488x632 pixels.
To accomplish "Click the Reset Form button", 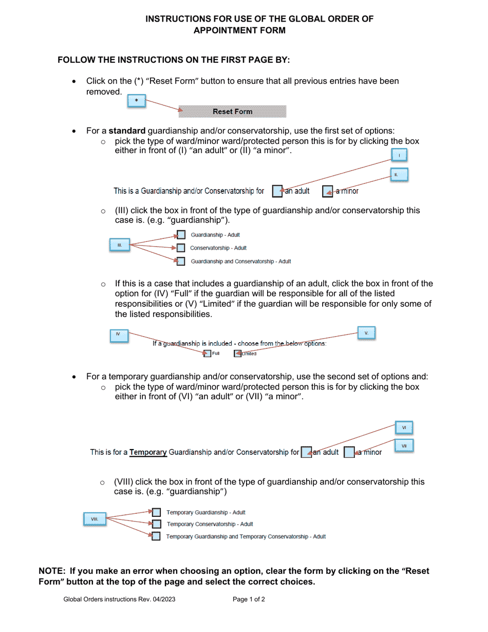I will (x=232, y=111).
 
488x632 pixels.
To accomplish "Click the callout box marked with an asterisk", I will (x=136, y=101).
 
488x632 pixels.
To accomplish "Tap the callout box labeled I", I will (x=399, y=155).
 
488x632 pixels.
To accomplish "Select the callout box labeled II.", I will (x=399, y=175).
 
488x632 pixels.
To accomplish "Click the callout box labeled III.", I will (x=120, y=245).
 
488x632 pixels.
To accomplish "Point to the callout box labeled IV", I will (x=119, y=335).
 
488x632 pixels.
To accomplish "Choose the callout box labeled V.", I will (x=366, y=333).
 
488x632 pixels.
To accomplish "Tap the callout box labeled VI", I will (x=404, y=427).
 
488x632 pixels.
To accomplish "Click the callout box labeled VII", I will (x=404, y=446).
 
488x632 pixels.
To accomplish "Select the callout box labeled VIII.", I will (x=95, y=519).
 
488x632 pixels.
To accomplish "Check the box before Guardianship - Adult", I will (x=181, y=235).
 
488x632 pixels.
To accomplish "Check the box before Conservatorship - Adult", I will (x=181, y=248).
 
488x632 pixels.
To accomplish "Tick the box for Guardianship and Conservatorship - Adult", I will (x=181, y=261).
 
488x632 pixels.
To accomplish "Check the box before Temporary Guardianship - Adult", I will (x=156, y=512).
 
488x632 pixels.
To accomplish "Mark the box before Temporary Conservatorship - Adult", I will (x=156, y=524).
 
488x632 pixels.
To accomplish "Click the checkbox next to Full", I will (x=207, y=354).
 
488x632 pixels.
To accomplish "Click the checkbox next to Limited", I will (x=237, y=354).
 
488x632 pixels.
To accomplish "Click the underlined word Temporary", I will (x=148, y=452).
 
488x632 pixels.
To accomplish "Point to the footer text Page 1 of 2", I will (x=249, y=599).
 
